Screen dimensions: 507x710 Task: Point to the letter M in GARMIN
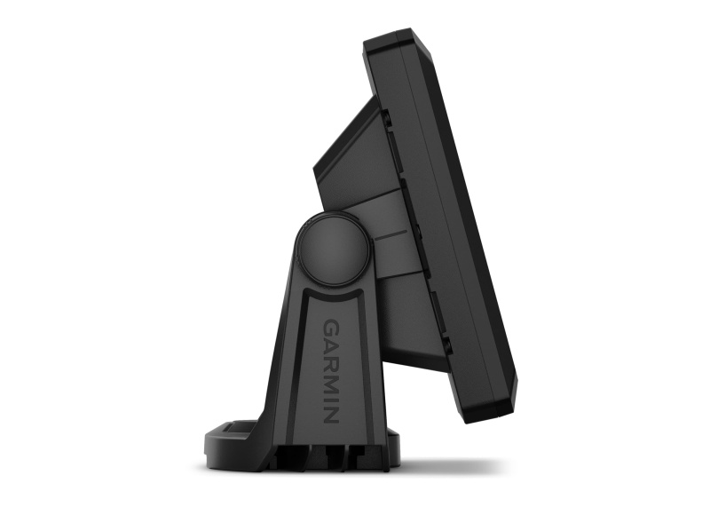point(330,379)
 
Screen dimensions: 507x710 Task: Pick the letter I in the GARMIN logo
point(330,394)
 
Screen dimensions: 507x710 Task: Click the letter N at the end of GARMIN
point(330,409)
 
